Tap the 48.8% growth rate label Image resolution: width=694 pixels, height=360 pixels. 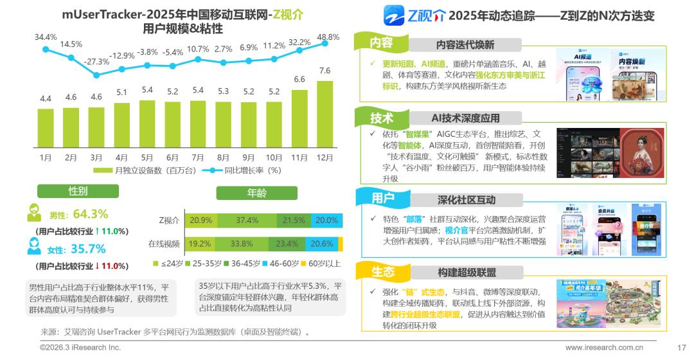point(328,37)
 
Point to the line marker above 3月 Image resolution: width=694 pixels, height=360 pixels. point(96,75)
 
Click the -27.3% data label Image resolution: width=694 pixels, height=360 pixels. point(97,61)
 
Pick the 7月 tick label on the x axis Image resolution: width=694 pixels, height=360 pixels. point(198,157)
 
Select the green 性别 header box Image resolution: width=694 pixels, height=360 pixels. point(78,191)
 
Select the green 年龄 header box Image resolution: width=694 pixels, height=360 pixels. point(256,193)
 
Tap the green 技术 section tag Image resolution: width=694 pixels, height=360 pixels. point(382,118)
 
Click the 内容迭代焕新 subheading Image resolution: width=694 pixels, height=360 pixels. point(465,45)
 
